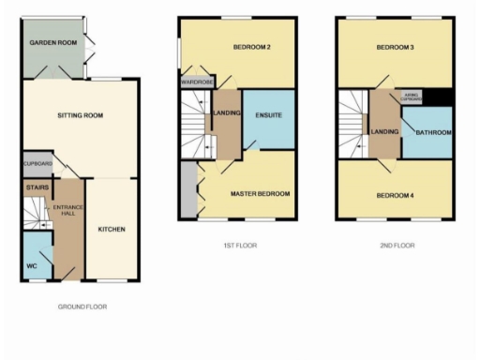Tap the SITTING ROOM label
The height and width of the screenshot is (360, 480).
coord(80,116)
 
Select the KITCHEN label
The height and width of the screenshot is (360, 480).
coord(112,229)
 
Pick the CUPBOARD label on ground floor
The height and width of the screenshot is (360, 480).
coord(37,164)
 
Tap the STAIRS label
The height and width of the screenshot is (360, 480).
coord(36,187)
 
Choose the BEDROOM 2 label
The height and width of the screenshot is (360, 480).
coord(252,47)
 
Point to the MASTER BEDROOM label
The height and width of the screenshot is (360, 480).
coord(261,194)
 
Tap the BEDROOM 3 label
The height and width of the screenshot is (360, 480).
coord(396,47)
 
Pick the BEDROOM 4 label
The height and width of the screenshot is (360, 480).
coord(395,195)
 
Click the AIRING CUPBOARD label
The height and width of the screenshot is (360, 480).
coord(412,96)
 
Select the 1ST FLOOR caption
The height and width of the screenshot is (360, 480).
coord(240,246)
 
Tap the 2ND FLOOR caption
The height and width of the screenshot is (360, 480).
coord(397,246)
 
